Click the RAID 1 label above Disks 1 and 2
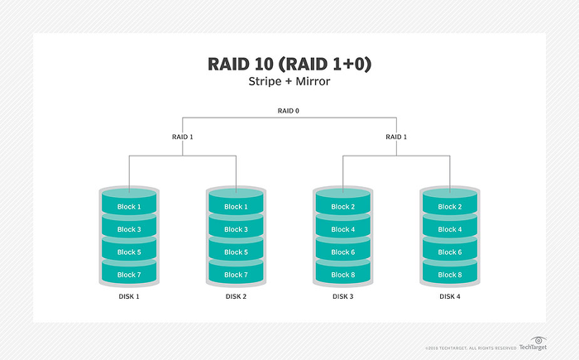coord(181,137)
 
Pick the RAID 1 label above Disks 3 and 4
coord(397,137)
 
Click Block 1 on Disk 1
coord(128,207)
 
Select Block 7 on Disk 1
coord(128,275)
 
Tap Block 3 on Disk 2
coord(235,229)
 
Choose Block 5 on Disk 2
coord(235,252)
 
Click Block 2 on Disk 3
coord(342,207)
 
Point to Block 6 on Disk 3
coord(342,252)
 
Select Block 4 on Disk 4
coord(449,229)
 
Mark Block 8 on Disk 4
coord(449,275)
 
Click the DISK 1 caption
coord(128,296)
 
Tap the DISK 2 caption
coord(235,296)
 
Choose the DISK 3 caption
coord(342,296)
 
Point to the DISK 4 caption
coord(449,296)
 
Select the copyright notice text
coord(471,348)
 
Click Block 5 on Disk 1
coord(128,252)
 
